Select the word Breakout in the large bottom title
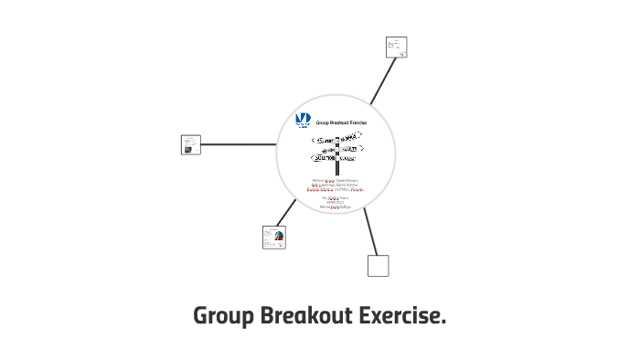(304, 317)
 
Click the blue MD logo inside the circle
(304, 120)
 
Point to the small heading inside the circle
(342, 121)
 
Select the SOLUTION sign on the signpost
(325, 158)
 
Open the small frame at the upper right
(396, 48)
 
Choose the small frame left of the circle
(191, 144)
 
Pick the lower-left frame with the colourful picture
(273, 238)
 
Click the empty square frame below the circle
(378, 266)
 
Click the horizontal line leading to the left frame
(238, 144)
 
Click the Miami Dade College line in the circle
(335, 207)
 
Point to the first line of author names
(335, 181)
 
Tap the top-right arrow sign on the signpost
(350, 136)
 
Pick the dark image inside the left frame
(187, 148)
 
